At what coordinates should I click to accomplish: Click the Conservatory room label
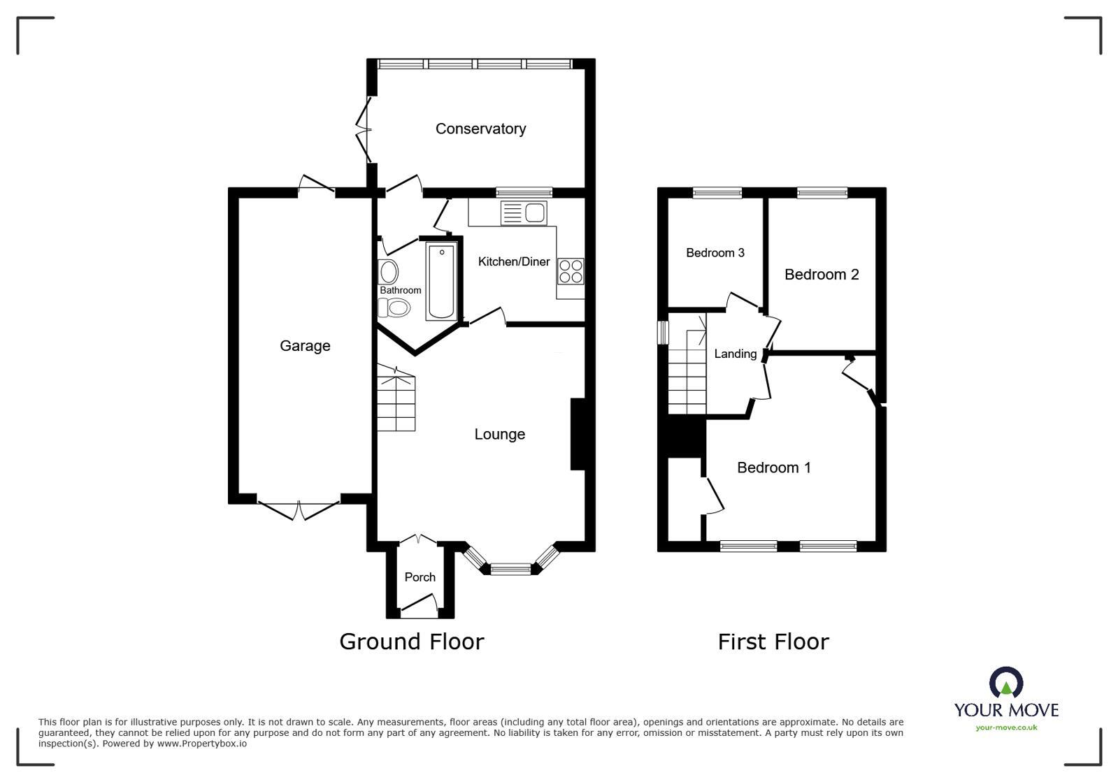[x=480, y=129]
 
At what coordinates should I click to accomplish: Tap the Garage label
[x=305, y=346]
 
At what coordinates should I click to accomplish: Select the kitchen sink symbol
[x=524, y=212]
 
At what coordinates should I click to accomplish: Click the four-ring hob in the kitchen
[x=571, y=271]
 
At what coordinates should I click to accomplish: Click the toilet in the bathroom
[x=394, y=307]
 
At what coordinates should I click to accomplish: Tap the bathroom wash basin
[x=389, y=272]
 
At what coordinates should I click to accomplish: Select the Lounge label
[x=499, y=434]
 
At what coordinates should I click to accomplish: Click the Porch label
[x=420, y=577]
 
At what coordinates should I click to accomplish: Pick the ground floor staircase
[x=396, y=403]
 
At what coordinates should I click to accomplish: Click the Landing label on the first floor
[x=735, y=354]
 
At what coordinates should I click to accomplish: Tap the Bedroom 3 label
[x=715, y=253]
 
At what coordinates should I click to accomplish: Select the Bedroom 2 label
[x=821, y=275]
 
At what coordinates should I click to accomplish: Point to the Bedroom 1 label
[x=773, y=468]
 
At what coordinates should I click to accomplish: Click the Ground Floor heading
[x=411, y=642]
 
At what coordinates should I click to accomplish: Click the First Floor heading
[x=773, y=642]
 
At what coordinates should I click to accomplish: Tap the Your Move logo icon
[x=1005, y=683]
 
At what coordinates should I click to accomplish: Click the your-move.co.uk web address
[x=1006, y=727]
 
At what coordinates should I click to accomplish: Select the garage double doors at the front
[x=299, y=510]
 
